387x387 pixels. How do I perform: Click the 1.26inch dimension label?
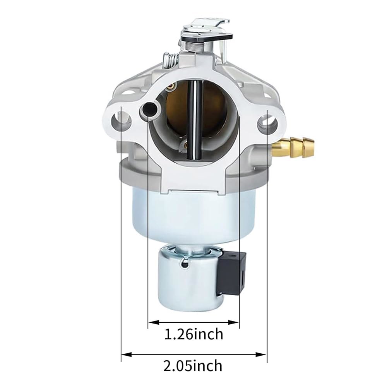click(194, 334)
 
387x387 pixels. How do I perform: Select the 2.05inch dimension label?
click(193, 366)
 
